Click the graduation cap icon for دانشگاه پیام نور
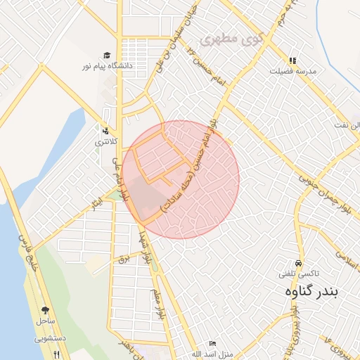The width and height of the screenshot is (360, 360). [x=106, y=55]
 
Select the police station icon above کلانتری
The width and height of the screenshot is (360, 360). [x=105, y=130]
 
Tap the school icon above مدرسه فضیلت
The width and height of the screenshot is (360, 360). [x=292, y=60]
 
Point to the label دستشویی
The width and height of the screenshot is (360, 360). [x=50, y=337]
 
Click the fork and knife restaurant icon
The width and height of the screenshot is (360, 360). [x=56, y=353]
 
